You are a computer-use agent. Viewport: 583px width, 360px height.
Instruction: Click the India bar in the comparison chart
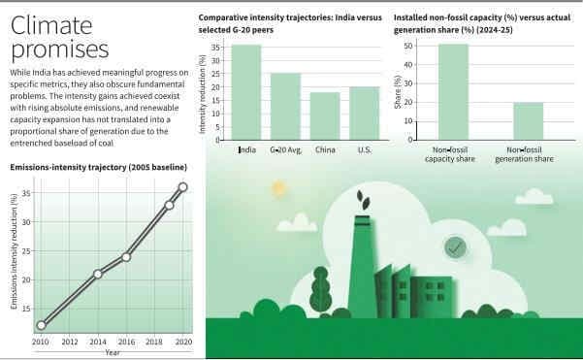pyautogui.click(x=246, y=92)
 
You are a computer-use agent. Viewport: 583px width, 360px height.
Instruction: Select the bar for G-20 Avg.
pyautogui.click(x=285, y=107)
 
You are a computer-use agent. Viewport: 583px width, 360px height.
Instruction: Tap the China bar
pyautogui.click(x=325, y=116)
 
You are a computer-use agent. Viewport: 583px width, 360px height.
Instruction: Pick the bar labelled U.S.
pyautogui.click(x=365, y=114)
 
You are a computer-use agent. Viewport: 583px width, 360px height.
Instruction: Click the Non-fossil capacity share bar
pyautogui.click(x=453, y=92)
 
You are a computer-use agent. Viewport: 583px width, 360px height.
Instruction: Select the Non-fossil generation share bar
pyautogui.click(x=528, y=121)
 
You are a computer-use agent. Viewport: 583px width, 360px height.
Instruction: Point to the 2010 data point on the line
pyautogui.click(x=41, y=325)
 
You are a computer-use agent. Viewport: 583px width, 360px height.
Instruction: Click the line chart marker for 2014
pyautogui.click(x=98, y=274)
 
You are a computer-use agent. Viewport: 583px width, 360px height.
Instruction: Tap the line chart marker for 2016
pyautogui.click(x=126, y=257)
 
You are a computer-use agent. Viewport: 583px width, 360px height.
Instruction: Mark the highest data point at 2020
pyautogui.click(x=183, y=187)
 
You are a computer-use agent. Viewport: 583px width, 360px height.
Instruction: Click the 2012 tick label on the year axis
pyautogui.click(x=70, y=343)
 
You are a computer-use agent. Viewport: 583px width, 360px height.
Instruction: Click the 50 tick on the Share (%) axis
pyautogui.click(x=409, y=46)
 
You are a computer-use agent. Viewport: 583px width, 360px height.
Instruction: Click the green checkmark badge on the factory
pyautogui.click(x=454, y=247)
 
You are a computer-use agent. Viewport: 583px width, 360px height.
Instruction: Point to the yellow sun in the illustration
pyautogui.click(x=279, y=187)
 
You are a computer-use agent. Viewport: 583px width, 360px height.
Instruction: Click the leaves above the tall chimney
pyautogui.click(x=362, y=199)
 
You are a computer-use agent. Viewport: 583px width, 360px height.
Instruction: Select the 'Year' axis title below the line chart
pyautogui.click(x=113, y=351)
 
